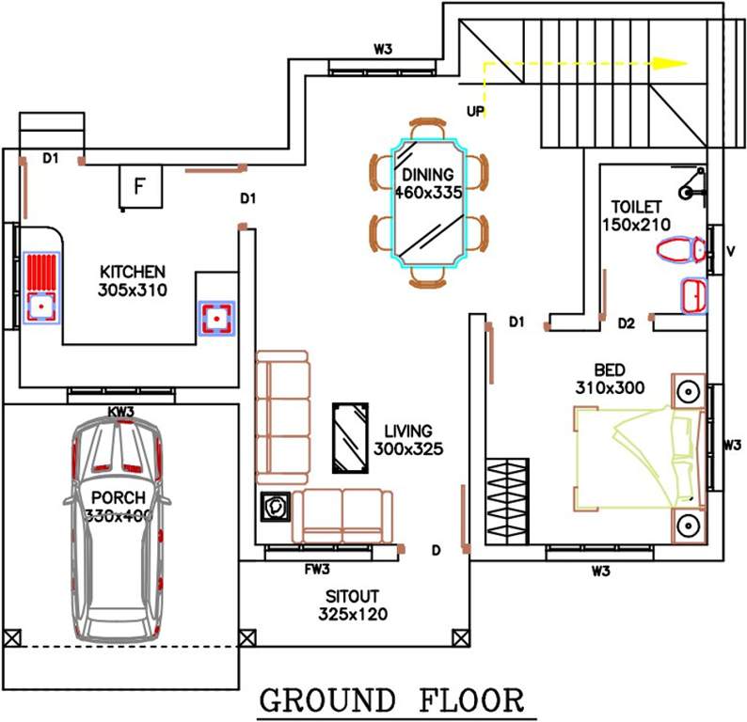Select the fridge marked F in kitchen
point(138,187)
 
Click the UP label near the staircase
point(476,111)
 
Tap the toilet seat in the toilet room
point(679,250)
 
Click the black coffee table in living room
point(349,438)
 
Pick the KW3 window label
point(120,412)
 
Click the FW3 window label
point(316,569)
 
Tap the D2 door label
point(628,323)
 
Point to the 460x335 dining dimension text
point(428,194)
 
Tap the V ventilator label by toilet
point(730,251)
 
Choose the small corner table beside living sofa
point(276,507)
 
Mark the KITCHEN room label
point(132,272)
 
